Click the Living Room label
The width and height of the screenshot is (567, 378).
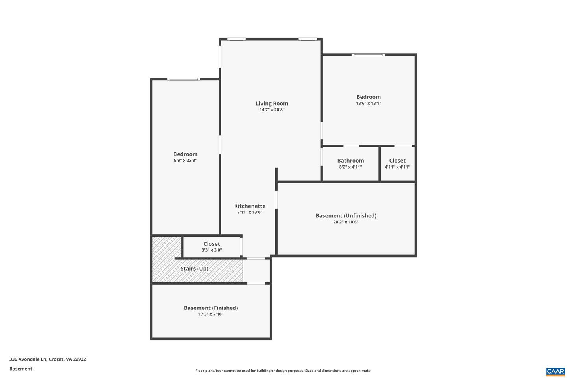pyautogui.click(x=272, y=104)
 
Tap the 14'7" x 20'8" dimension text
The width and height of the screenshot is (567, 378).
pyautogui.click(x=272, y=110)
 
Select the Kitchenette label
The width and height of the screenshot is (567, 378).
pyautogui.click(x=250, y=206)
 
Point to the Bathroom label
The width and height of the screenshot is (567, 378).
pyautogui.click(x=350, y=161)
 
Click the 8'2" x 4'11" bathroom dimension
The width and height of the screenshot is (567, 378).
pyautogui.click(x=350, y=167)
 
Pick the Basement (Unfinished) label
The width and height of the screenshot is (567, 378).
pyautogui.click(x=346, y=216)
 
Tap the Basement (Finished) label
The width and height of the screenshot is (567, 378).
pyautogui.click(x=211, y=308)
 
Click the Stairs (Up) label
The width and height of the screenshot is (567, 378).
pyautogui.click(x=194, y=269)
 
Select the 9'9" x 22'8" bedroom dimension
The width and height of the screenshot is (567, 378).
pyautogui.click(x=185, y=161)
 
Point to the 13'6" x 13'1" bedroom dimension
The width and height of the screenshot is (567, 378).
pyautogui.click(x=369, y=104)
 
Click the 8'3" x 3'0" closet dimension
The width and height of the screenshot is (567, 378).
pyautogui.click(x=211, y=250)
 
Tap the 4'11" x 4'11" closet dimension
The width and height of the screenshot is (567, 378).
pyautogui.click(x=397, y=167)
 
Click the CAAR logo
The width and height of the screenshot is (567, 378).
pyautogui.click(x=555, y=371)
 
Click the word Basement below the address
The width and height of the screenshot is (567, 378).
pyautogui.click(x=21, y=369)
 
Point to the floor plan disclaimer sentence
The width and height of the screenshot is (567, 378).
pyautogui.click(x=283, y=371)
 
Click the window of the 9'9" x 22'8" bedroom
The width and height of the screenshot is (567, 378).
pyautogui.click(x=183, y=79)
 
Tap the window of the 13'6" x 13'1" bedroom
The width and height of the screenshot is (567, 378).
pyautogui.click(x=368, y=54)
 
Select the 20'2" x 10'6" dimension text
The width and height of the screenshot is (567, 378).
pyautogui.click(x=346, y=222)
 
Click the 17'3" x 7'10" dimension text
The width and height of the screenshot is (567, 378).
pyautogui.click(x=211, y=314)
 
